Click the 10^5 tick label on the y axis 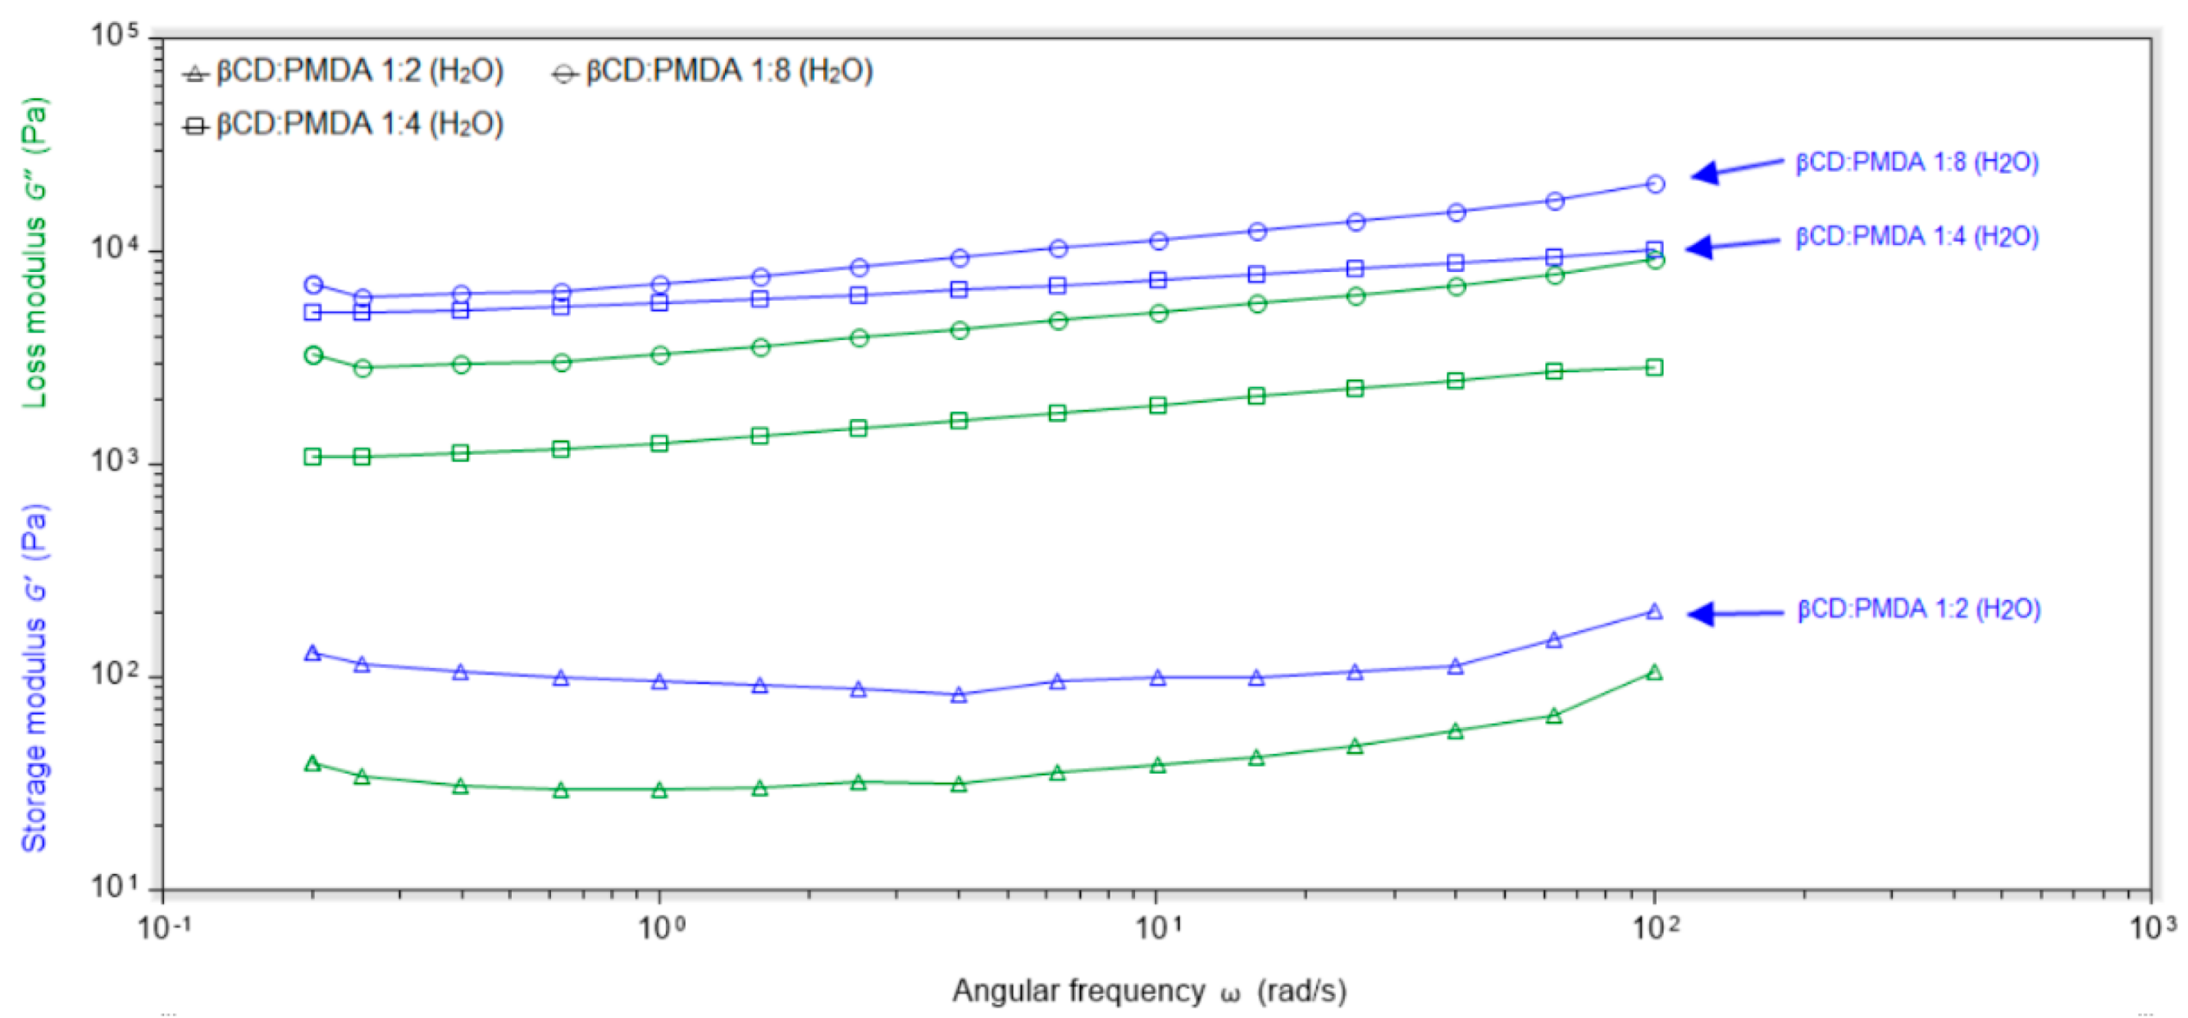(x=114, y=37)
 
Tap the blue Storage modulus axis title (x=34, y=679)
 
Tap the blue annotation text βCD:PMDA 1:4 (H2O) (x=1917, y=237)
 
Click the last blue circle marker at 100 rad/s (x=1655, y=184)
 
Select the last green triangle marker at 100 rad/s (x=1655, y=673)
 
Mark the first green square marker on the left (x=312, y=457)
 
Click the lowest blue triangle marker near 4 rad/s (x=959, y=695)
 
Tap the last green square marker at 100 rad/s (x=1655, y=368)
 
